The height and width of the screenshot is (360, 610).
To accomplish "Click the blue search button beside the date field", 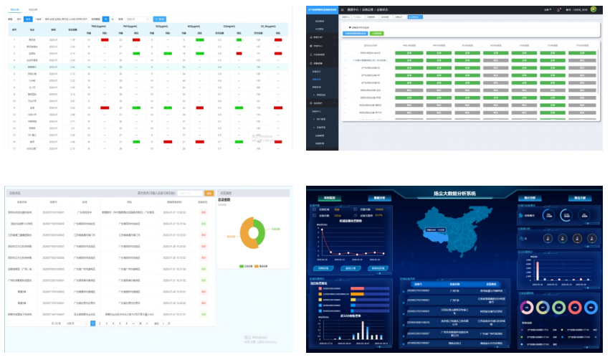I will [x=160, y=19].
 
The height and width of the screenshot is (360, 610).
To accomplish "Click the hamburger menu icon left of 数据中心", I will [x=343, y=10].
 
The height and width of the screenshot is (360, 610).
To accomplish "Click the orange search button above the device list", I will [x=209, y=194].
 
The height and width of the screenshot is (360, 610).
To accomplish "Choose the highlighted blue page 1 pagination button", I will [x=92, y=323].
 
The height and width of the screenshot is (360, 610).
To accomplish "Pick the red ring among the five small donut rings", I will [x=529, y=308].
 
